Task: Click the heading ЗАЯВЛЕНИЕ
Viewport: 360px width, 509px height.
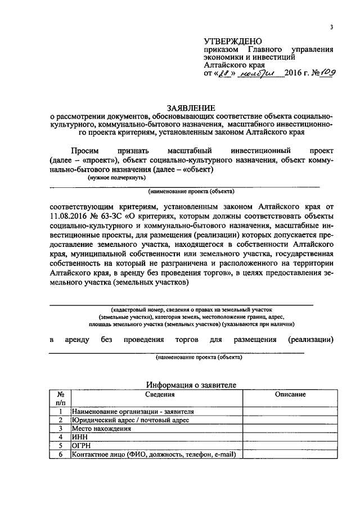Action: coord(190,107)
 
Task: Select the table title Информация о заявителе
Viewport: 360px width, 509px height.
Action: coord(191,384)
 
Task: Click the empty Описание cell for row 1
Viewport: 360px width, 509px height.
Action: coord(290,411)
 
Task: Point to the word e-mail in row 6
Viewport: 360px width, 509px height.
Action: coord(221,454)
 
